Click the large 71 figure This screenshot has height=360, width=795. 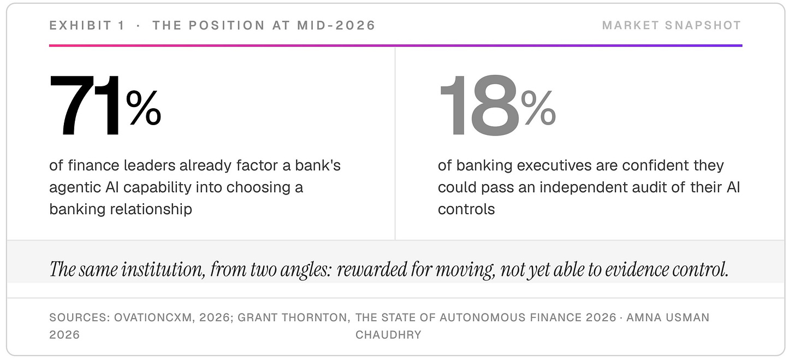pyautogui.click(x=85, y=105)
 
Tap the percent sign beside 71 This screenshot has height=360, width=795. pyautogui.click(x=144, y=108)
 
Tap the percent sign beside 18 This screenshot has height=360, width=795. pyautogui.click(x=538, y=108)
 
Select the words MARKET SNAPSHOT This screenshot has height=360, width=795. pyautogui.click(x=672, y=25)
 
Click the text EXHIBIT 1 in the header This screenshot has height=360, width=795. pyautogui.click(x=87, y=25)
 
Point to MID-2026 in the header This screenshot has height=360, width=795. pyautogui.click(x=336, y=25)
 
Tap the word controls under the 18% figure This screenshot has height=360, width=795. pyautogui.click(x=466, y=209)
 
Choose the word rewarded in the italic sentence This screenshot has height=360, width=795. pyautogui.click(x=372, y=269)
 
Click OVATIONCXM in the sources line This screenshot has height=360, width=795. pyautogui.click(x=153, y=317)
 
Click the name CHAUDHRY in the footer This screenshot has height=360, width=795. pyautogui.click(x=388, y=335)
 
